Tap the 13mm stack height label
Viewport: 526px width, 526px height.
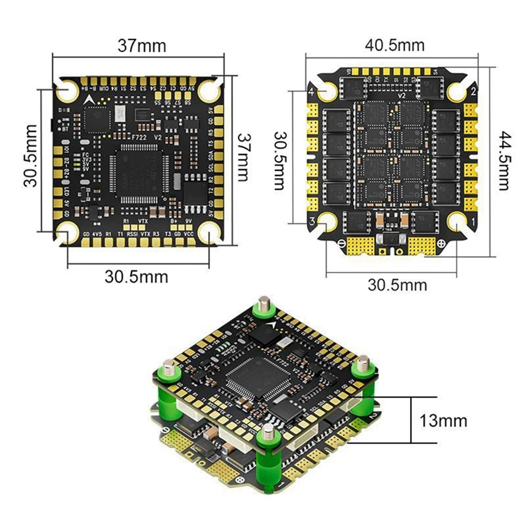click(445, 419)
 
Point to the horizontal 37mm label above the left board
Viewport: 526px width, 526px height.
click(141, 46)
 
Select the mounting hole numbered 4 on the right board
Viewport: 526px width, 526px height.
click(327, 93)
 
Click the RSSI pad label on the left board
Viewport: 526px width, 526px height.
click(133, 233)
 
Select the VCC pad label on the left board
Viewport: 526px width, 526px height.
click(189, 233)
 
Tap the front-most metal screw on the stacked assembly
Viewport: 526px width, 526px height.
click(268, 432)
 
